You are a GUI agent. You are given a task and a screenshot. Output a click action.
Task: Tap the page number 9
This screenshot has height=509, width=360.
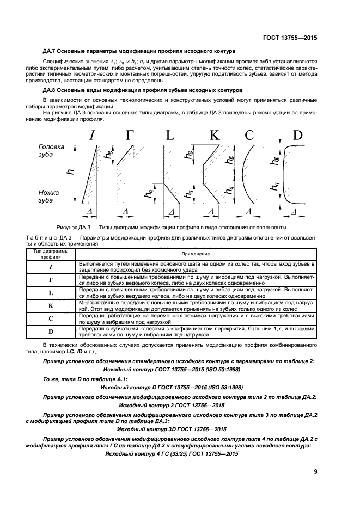click(315, 472)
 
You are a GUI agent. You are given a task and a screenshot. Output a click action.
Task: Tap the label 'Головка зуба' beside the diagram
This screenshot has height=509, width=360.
click(51, 151)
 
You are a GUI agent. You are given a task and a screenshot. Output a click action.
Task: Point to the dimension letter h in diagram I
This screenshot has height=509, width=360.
click(70, 172)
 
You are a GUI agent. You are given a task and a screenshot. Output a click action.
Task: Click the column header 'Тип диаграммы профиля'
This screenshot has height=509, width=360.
click(51, 254)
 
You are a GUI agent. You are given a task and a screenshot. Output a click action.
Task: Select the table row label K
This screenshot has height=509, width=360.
click(51, 306)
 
